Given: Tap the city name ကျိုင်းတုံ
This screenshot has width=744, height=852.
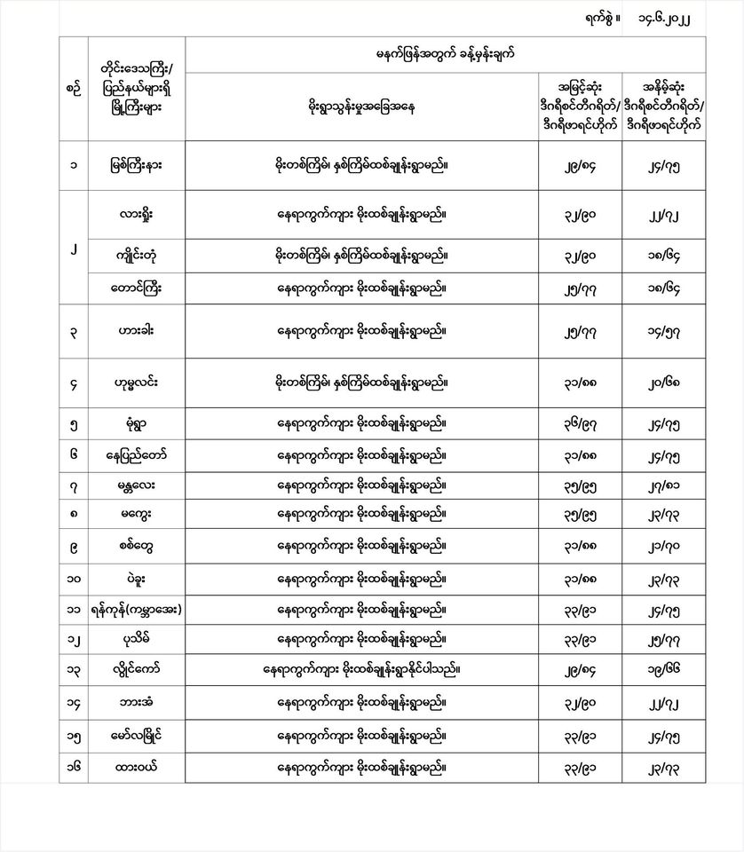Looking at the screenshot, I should coord(137,256).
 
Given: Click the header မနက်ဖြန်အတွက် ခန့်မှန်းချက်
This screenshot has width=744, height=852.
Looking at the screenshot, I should coord(446,55).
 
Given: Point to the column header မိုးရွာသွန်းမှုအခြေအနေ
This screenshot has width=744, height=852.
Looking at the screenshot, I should coord(361,107).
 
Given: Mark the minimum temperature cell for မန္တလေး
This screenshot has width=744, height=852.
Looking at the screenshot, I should coord(676,485).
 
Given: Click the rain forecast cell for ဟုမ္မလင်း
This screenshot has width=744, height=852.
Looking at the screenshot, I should coord(361,383).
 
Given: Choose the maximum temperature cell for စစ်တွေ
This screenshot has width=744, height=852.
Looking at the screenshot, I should coord(579,545).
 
